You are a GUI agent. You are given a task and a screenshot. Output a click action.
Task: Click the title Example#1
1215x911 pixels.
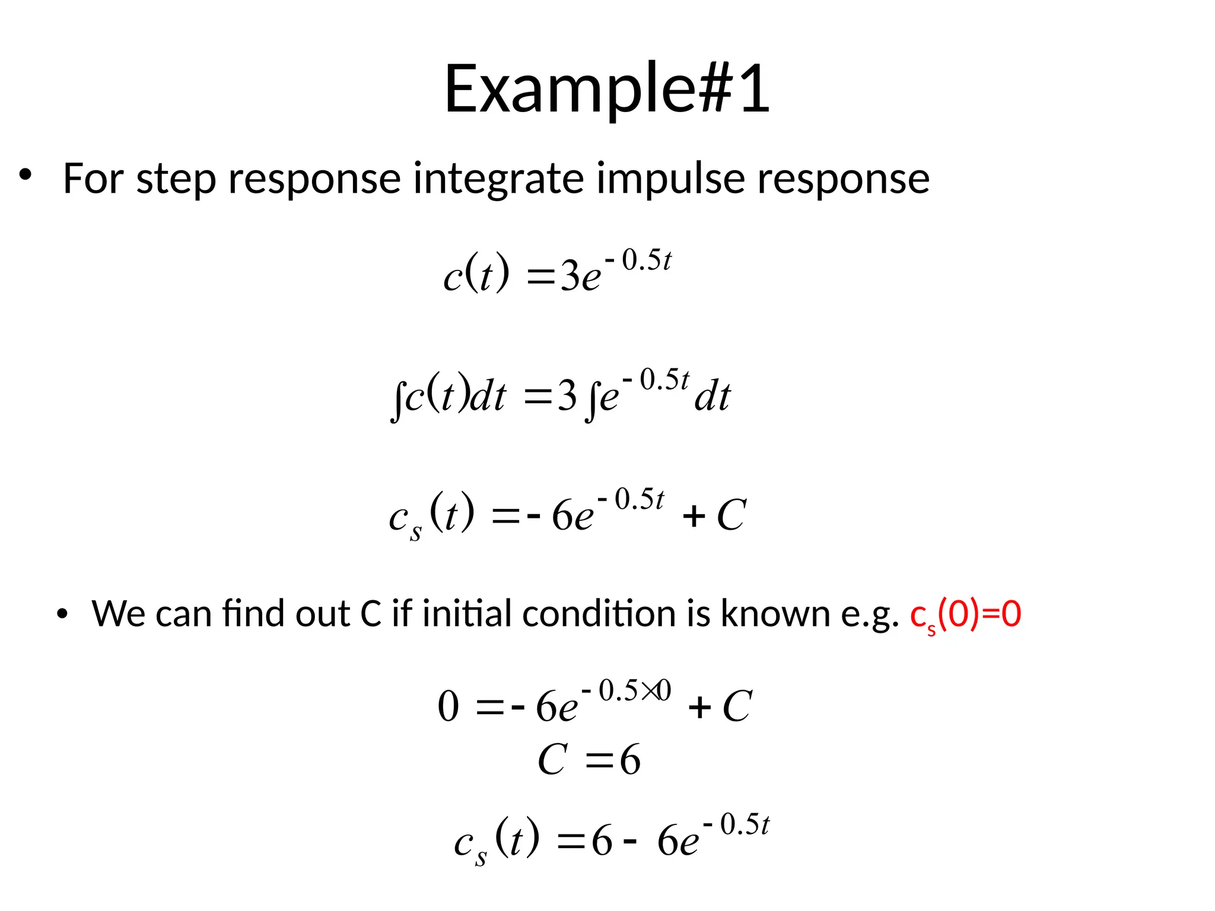pyautogui.click(x=607, y=89)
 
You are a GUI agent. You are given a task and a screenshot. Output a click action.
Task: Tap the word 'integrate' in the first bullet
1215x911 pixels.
pyautogui.click(x=499, y=179)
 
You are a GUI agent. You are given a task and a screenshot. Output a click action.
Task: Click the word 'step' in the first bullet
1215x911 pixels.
pyautogui.click(x=176, y=179)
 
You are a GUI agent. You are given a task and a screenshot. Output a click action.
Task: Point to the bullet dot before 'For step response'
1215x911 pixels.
pyautogui.click(x=24, y=175)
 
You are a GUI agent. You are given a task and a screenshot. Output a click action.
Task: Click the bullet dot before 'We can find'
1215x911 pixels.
pyautogui.click(x=62, y=614)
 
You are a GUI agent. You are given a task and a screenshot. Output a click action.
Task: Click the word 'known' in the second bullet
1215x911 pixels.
pyautogui.click(x=775, y=613)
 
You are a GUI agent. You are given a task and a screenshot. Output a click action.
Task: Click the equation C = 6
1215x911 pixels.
pyautogui.click(x=589, y=760)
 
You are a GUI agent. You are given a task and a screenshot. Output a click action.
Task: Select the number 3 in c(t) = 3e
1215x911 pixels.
pyautogui.click(x=570, y=276)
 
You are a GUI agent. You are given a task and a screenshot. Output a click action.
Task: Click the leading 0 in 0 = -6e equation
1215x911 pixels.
pyautogui.click(x=449, y=707)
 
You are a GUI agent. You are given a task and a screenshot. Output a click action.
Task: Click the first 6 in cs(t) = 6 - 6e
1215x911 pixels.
pyautogui.click(x=602, y=840)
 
